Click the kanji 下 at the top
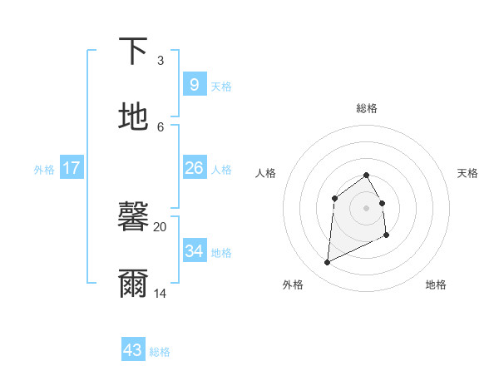(133, 52)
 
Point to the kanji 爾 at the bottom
(133, 283)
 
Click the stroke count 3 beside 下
(160, 60)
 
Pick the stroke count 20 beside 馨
(160, 226)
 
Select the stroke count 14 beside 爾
(160, 293)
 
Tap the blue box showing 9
(194, 84)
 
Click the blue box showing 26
(194, 168)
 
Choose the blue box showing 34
(194, 250)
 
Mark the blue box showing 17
(72, 168)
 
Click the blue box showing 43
(132, 350)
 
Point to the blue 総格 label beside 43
(160, 352)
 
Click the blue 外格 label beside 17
(44, 170)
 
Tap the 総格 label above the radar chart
(367, 108)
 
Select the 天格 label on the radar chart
(467, 173)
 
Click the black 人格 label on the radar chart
(266, 173)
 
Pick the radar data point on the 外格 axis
(327, 263)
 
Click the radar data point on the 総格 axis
(367, 175)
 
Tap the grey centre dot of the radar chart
(367, 207)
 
